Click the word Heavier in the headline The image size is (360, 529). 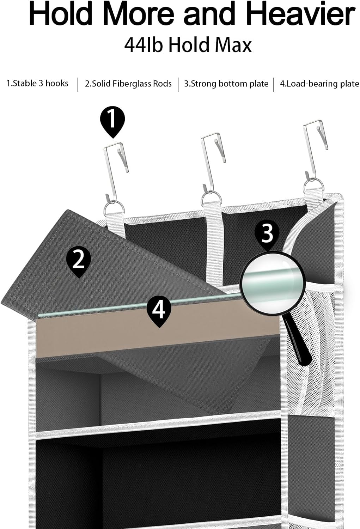[x=300, y=14]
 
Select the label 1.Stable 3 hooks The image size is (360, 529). [x=37, y=84]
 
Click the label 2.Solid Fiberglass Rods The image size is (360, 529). [x=128, y=84]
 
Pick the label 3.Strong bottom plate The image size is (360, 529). [x=226, y=84]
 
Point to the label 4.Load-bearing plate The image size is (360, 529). [x=319, y=84]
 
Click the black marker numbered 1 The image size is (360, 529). [x=112, y=120]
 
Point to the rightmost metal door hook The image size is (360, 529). [x=315, y=148]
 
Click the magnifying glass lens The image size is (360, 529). [x=272, y=282]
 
